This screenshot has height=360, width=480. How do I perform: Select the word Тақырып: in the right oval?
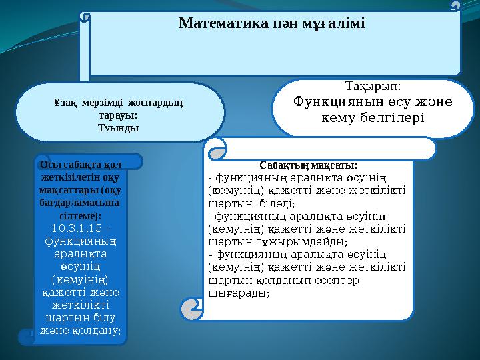click(x=373, y=88)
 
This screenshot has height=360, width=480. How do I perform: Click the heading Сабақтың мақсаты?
click(x=308, y=165)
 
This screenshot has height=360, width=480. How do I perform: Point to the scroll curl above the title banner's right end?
click(x=455, y=5)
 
